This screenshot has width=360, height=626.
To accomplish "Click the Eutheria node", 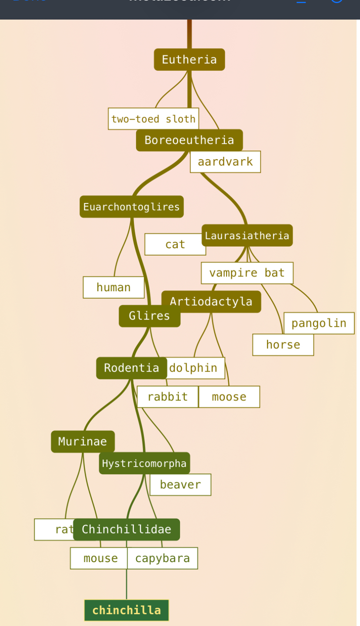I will [189, 60].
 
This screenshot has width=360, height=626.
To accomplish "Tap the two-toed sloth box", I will [153, 119].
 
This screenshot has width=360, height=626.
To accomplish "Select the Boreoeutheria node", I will [189, 140].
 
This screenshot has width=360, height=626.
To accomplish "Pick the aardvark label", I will [225, 162].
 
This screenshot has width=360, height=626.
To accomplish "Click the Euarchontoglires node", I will [131, 206].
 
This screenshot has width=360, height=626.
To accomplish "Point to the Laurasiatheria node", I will [247, 235].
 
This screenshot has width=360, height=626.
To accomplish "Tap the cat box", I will [175, 244].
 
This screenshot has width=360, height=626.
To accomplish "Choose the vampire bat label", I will [247, 273].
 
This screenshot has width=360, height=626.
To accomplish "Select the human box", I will [113, 287].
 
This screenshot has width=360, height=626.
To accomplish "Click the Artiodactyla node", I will [211, 301].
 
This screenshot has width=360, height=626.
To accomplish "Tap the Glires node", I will [149, 316].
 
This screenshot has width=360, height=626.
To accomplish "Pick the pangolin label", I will [319, 323].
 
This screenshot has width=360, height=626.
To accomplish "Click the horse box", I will [283, 345].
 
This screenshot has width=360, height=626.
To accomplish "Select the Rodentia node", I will [131, 368].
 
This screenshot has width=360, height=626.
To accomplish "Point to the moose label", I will [229, 397].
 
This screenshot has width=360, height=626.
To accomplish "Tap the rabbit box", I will [167, 397].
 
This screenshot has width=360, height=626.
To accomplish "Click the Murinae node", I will [83, 442].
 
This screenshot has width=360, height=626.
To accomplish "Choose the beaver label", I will [180, 485].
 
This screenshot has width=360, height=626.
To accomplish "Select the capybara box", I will [162, 558].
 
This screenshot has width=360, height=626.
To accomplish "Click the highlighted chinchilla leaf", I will [126, 610].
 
